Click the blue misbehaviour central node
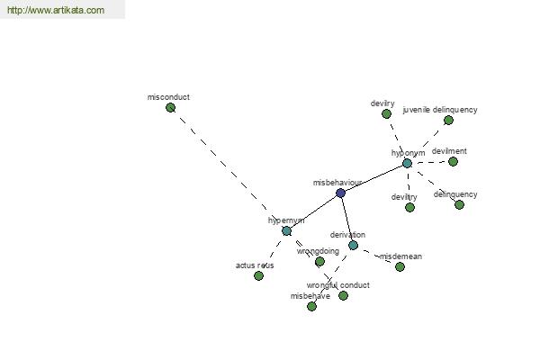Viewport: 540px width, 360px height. point(340,193)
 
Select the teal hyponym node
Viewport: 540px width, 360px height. point(407,163)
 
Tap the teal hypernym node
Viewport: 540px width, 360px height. point(286,230)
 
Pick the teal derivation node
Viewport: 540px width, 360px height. point(353,245)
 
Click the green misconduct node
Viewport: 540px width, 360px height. point(170,108)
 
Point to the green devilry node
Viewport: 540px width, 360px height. point(386,113)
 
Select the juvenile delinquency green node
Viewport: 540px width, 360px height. point(448,120)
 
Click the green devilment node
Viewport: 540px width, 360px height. point(453,161)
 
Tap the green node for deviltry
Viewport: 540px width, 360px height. point(409,207)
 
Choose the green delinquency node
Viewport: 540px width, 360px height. point(459,204)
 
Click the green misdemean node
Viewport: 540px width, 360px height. point(400,266)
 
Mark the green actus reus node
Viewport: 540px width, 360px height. point(258,275)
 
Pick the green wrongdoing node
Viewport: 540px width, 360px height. point(319,261)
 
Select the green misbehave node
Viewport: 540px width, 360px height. point(311,306)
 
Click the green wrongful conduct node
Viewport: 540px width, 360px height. point(343,295)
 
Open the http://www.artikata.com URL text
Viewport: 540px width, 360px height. point(55,11)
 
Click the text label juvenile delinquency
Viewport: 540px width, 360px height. point(440,110)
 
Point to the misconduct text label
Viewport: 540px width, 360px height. point(168,96)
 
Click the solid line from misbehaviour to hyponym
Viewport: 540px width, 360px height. point(373,178)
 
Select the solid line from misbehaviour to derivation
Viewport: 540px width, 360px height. point(346,219)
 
